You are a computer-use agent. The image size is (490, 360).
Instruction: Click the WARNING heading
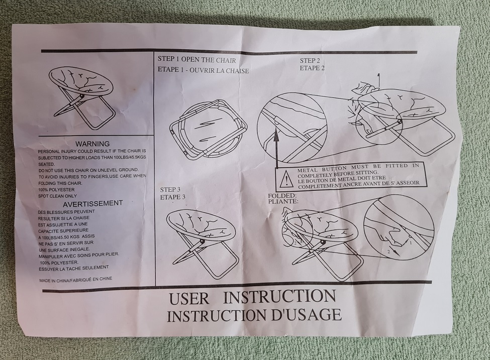click(x=92, y=144)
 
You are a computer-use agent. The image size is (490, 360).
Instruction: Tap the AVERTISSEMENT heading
click(x=93, y=203)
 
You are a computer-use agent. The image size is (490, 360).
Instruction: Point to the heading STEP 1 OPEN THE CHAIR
click(x=197, y=59)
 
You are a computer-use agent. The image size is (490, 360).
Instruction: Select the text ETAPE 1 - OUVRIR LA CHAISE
click(x=203, y=70)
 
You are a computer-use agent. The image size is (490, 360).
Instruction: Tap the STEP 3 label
click(x=170, y=189)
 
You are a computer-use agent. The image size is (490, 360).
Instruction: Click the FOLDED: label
click(x=282, y=196)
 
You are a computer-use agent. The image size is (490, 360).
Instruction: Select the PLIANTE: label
click(x=283, y=201)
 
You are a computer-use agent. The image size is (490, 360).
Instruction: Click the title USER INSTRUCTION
click(x=252, y=297)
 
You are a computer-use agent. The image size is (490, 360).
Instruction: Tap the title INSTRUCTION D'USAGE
click(x=254, y=315)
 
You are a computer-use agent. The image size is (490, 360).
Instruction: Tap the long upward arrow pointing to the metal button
click(x=276, y=151)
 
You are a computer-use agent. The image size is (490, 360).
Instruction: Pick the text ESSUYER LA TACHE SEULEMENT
click(x=74, y=268)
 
